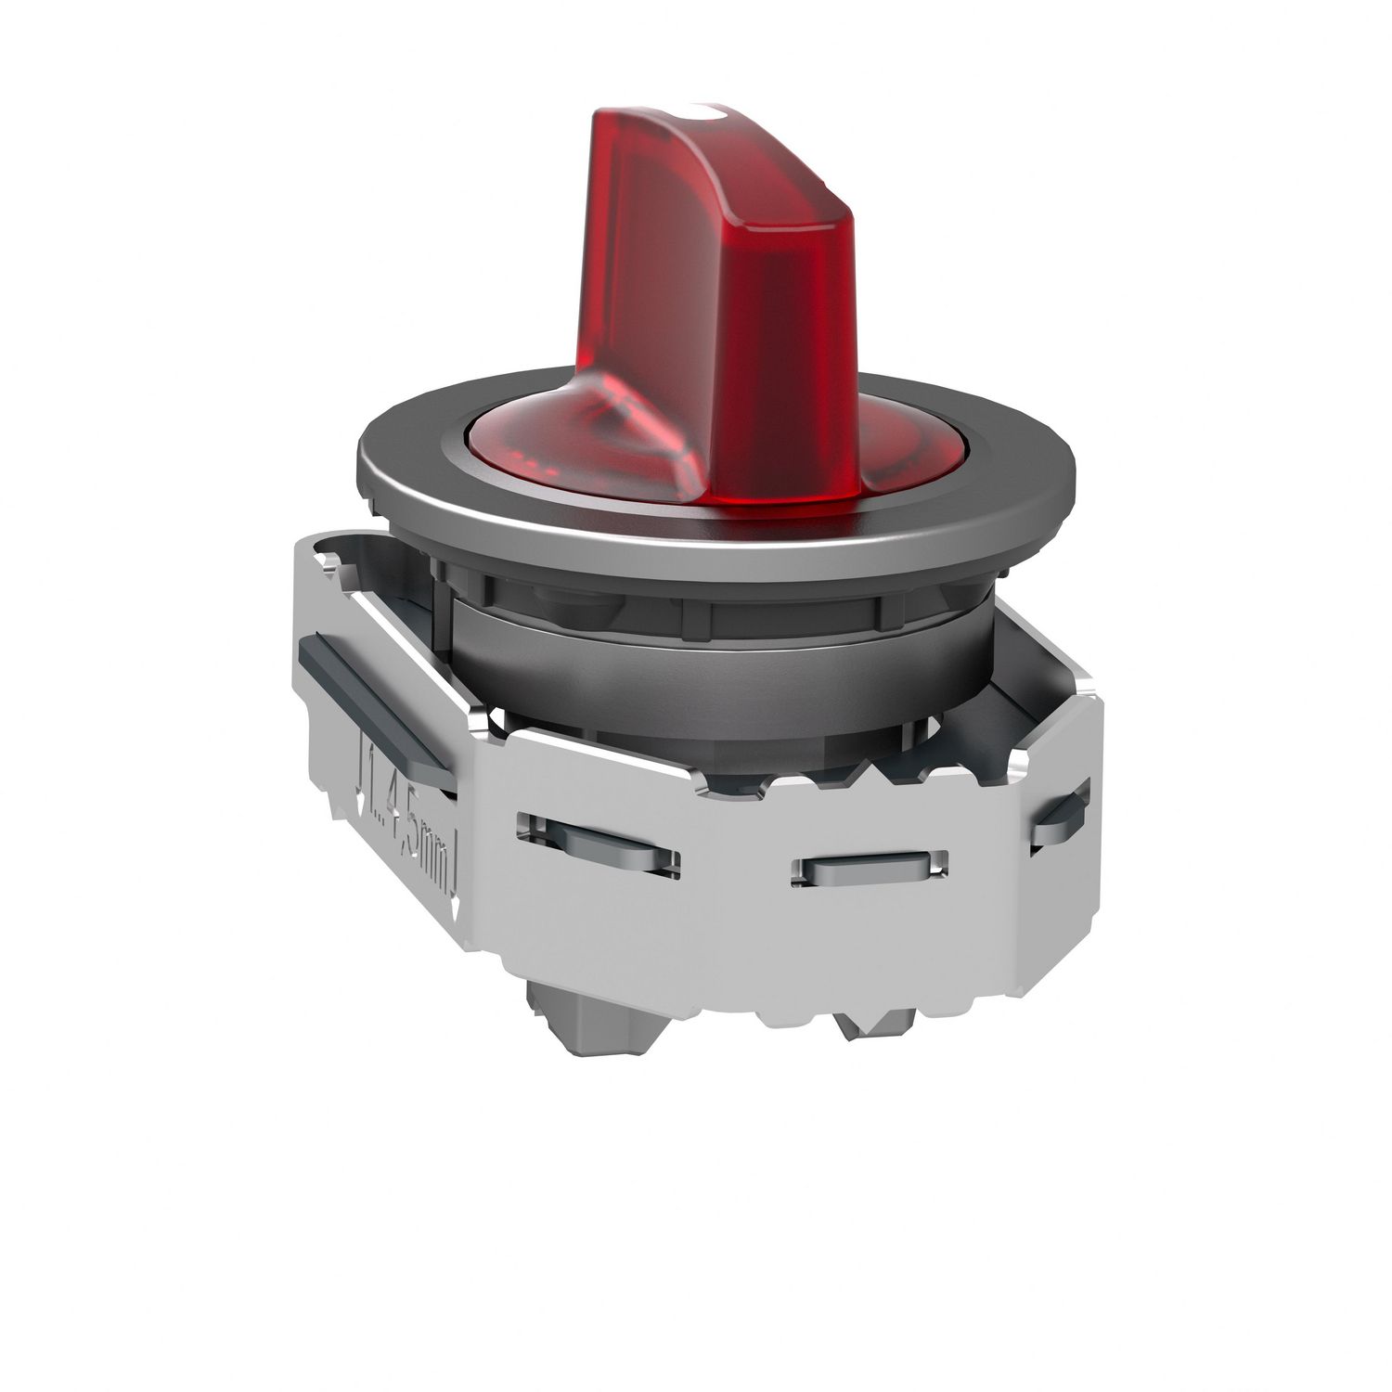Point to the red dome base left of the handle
[538, 445]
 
